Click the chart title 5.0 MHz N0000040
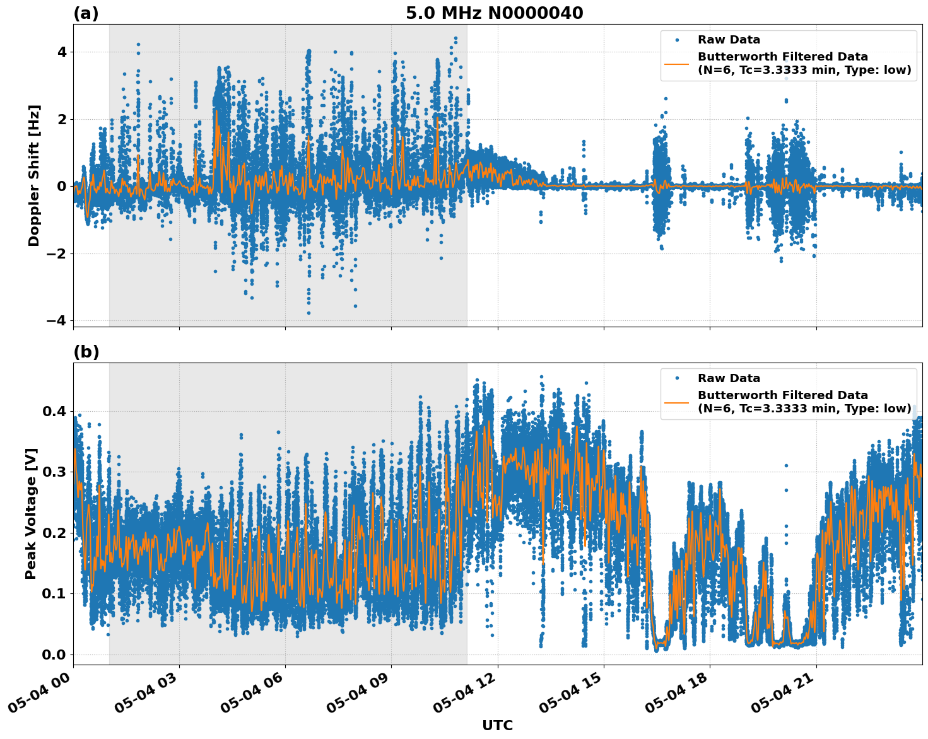[494, 13]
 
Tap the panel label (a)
[86, 13]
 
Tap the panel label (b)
[86, 352]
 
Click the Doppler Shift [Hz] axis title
[34, 175]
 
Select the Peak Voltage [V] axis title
[31, 513]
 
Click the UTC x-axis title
[497, 725]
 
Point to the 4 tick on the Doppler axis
[61, 52]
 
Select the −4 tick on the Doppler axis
[57, 321]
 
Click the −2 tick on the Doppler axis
[57, 253]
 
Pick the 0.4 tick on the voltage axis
[54, 411]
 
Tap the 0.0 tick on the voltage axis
[54, 655]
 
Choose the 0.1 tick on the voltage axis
[54, 593]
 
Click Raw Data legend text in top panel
[729, 40]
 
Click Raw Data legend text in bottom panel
[729, 378]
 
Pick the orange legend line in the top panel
[677, 63]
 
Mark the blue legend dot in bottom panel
[677, 378]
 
